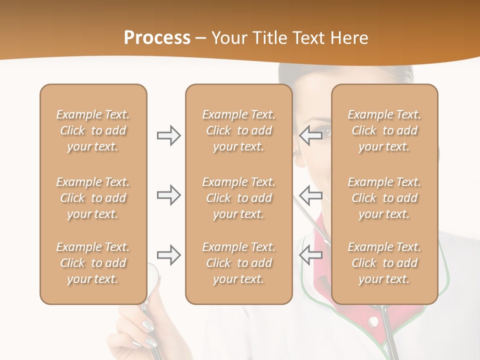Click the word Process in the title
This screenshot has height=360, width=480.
pos(157,38)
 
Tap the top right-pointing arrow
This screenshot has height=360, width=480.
pos(169,135)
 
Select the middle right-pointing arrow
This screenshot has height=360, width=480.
pos(169,194)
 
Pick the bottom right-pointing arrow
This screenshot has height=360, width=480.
pos(169,255)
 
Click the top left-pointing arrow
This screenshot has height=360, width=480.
pos(310,135)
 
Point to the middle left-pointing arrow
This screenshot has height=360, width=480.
pos(310,194)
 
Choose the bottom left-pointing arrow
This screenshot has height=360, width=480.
pos(310,255)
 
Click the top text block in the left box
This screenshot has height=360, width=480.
pos(93,130)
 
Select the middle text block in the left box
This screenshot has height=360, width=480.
pos(93,198)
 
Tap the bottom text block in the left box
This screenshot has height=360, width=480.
pos(93,263)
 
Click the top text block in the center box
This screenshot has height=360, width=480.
pos(238,130)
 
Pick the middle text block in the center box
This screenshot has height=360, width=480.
pos(238,198)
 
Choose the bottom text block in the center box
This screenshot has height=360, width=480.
pos(238,263)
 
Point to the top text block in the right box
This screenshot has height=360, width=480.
pos(384,130)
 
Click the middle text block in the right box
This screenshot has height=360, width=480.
pos(384,198)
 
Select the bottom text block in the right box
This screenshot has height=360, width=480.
pos(384,263)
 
